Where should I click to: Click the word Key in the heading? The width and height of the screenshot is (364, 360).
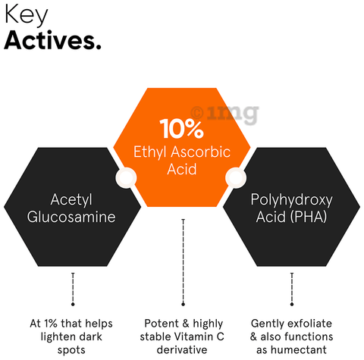point(26,15)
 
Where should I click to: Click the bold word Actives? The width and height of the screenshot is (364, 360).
point(52,40)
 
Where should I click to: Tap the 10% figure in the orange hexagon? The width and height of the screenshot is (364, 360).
point(181,129)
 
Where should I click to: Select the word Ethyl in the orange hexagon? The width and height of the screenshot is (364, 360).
point(150,152)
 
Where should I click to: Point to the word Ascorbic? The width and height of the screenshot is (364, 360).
point(201,152)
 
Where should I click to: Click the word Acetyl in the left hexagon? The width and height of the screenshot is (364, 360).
point(71,200)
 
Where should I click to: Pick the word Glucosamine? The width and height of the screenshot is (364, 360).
point(71,217)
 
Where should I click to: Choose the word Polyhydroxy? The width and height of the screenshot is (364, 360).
point(291,200)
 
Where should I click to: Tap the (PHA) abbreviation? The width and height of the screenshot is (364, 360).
point(309,217)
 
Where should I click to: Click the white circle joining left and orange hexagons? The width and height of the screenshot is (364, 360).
point(126,178)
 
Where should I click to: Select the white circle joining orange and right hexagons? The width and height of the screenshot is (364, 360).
point(236,178)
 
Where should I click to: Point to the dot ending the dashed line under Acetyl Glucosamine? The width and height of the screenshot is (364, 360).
point(73,304)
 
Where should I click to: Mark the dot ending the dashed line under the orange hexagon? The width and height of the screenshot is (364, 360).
point(183,304)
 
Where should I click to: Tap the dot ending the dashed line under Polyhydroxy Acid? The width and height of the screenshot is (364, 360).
point(292,304)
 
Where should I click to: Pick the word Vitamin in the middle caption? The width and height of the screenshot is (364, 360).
point(193,337)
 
